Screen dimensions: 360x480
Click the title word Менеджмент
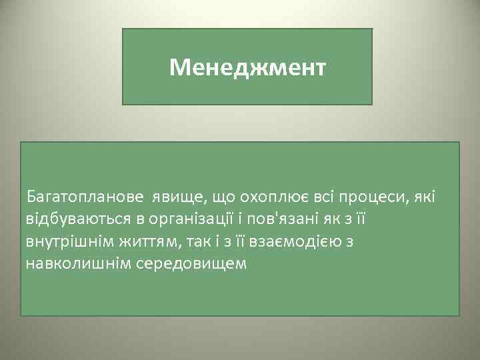click(247, 67)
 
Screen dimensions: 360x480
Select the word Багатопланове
click(85, 197)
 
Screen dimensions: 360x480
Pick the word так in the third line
click(193, 241)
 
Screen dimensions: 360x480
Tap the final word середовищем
click(187, 263)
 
